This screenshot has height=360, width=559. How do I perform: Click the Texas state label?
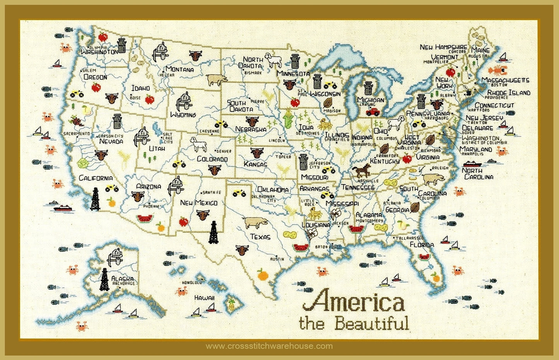point(260,237)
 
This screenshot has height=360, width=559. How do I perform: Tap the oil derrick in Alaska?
point(104,279)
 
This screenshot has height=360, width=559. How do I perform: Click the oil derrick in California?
point(95,199)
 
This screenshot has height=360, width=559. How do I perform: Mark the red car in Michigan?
point(373,112)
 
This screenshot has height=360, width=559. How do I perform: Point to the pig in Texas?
point(255,222)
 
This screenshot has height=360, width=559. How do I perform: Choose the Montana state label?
point(179,70)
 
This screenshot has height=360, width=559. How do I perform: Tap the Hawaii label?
point(204,298)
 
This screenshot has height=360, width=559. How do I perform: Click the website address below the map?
point(269,346)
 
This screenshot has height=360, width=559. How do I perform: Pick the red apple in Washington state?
point(103,37)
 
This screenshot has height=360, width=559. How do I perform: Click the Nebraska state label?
point(251,129)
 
